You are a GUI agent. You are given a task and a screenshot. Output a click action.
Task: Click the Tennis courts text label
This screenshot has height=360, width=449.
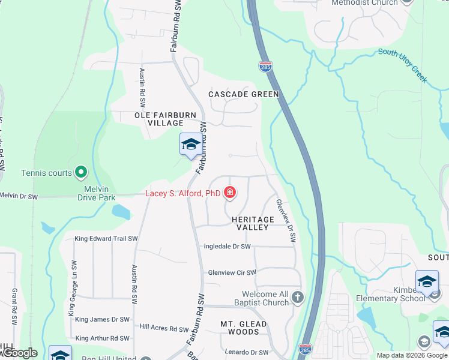pyautogui.click(x=46, y=173)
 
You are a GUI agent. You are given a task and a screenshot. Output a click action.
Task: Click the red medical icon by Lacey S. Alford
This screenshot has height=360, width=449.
pyautogui.click(x=229, y=193)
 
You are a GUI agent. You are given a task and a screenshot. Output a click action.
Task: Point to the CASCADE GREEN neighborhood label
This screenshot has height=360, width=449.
pyautogui.click(x=244, y=94)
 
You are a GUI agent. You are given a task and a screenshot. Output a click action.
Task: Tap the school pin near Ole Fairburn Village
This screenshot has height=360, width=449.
pyautogui.click(x=191, y=145)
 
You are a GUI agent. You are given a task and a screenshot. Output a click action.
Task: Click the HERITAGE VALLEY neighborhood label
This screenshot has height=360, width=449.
pyautogui.click(x=253, y=224)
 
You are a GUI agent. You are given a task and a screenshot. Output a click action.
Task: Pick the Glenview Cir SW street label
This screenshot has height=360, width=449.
pyautogui.click(x=232, y=272)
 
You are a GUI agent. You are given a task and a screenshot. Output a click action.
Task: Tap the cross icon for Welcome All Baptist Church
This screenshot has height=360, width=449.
pyautogui.click(x=297, y=298)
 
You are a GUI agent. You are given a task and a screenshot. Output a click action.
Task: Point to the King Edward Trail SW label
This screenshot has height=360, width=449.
pyautogui.click(x=106, y=239)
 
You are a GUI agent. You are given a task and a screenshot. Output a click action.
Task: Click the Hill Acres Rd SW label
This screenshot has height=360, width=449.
pyautogui.click(x=164, y=328)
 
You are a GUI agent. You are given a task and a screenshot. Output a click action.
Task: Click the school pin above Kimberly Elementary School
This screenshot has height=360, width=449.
pyautogui.click(x=426, y=281)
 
